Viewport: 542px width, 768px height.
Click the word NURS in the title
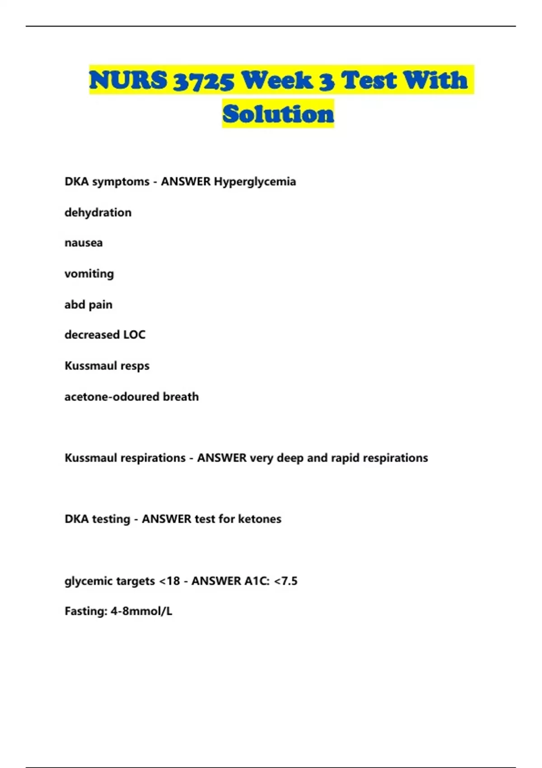coord(128,80)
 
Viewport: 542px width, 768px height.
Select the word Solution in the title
coord(278,114)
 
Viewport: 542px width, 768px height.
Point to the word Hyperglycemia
coord(255,182)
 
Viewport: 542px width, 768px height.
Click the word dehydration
coord(98,212)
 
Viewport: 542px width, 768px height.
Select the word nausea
coord(84,243)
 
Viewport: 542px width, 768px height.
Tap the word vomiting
coord(89,274)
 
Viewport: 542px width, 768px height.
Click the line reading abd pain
coord(89,304)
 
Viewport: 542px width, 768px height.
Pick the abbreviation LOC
coord(134,335)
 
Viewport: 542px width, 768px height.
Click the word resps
coord(135,366)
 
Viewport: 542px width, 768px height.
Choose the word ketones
coord(259,519)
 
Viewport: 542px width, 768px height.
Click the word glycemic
coord(87,581)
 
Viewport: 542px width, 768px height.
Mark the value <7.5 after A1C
coord(285,581)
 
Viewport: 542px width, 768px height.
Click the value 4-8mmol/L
coord(141,611)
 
